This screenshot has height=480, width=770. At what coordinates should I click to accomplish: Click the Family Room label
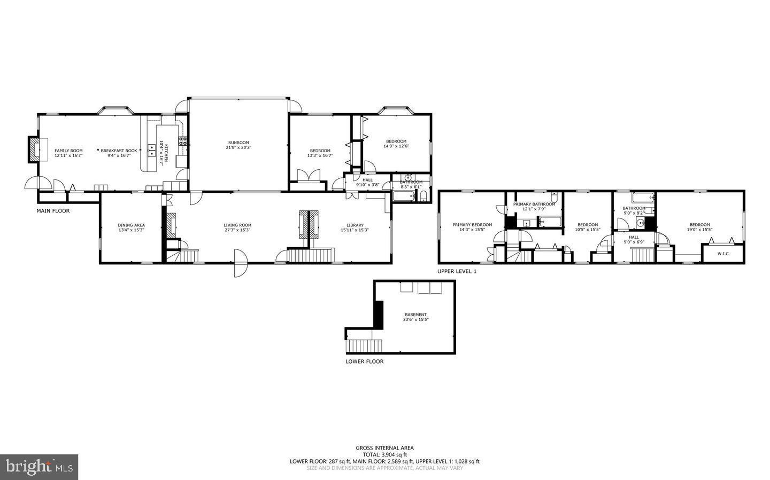point(68,151)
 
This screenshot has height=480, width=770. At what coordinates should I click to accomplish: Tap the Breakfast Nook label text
point(119,151)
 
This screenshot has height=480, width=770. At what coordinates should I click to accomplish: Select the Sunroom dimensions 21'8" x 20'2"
point(238,147)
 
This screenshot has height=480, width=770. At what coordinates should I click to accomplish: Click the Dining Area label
point(131,225)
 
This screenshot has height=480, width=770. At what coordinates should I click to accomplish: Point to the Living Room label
point(237,225)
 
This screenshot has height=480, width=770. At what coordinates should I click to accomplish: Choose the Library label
point(355,225)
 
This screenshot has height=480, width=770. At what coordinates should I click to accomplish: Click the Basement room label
point(415,315)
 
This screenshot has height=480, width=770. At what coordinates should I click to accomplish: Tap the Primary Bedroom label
point(472,225)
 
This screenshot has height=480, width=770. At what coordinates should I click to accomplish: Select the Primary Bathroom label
point(534,204)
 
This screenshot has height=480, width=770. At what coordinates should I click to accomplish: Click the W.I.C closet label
point(723,254)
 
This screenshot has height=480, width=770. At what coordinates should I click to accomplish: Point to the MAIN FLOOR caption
point(53,211)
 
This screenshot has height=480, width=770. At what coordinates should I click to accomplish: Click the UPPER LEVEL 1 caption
point(457,271)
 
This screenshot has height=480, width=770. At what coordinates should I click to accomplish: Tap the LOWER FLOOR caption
point(364,361)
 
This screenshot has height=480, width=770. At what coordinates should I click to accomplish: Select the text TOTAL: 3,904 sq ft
point(384,454)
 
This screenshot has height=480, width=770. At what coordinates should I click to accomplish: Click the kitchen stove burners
point(182,141)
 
